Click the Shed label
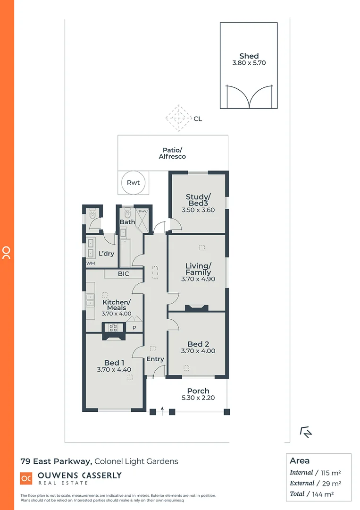[x=249, y=56]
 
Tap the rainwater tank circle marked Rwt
[x=134, y=182]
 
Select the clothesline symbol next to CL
[x=178, y=119]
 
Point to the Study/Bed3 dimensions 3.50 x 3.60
[x=198, y=210]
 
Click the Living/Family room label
[x=198, y=269]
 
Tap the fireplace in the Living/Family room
[x=196, y=308]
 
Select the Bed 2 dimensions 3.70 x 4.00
[x=198, y=351]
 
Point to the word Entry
[x=155, y=359]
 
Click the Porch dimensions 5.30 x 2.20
[x=198, y=398]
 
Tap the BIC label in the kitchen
[x=123, y=274]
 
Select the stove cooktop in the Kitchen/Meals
[x=113, y=326]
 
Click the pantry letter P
[x=134, y=327]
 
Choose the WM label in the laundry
[x=90, y=263]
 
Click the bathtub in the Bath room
[x=125, y=253]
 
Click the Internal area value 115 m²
[x=331, y=472]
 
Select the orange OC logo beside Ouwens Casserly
[x=26, y=478]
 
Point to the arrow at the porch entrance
[x=162, y=409]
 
